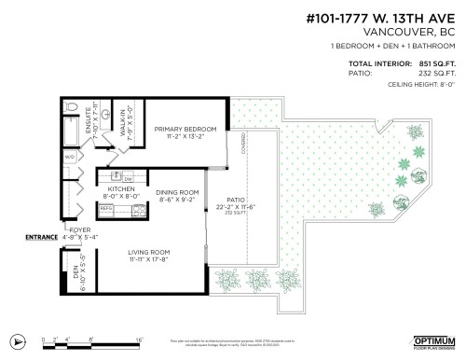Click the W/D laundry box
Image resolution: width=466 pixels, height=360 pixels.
pyautogui.click(x=70, y=158)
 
